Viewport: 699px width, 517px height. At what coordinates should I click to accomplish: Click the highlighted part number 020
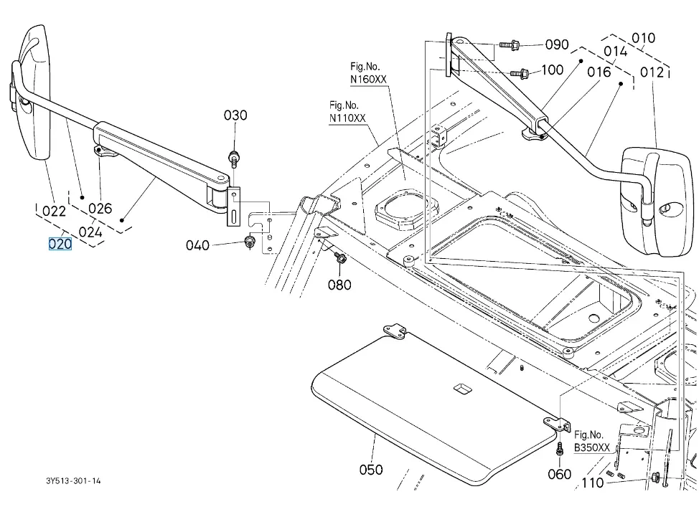pos(60,244)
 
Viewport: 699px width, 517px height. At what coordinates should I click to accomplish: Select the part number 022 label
pos(55,211)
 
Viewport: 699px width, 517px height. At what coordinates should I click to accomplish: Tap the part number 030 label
pos(235,115)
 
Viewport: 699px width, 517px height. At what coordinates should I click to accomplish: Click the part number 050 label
pos(371,470)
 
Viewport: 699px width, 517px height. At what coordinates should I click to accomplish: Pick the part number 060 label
pos(560,474)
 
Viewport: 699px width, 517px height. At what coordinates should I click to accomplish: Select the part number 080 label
pos(340,285)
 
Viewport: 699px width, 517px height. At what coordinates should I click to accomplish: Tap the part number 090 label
pos(557,44)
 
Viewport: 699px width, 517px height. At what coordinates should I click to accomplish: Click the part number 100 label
pos(552,70)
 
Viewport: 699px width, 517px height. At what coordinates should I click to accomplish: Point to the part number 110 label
pos(592,483)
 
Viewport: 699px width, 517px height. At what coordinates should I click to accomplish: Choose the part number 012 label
pos(652,72)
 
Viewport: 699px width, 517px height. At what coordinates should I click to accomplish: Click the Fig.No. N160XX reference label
pos(368,72)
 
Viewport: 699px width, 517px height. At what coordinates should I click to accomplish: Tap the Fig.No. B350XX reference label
pos(592,441)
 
